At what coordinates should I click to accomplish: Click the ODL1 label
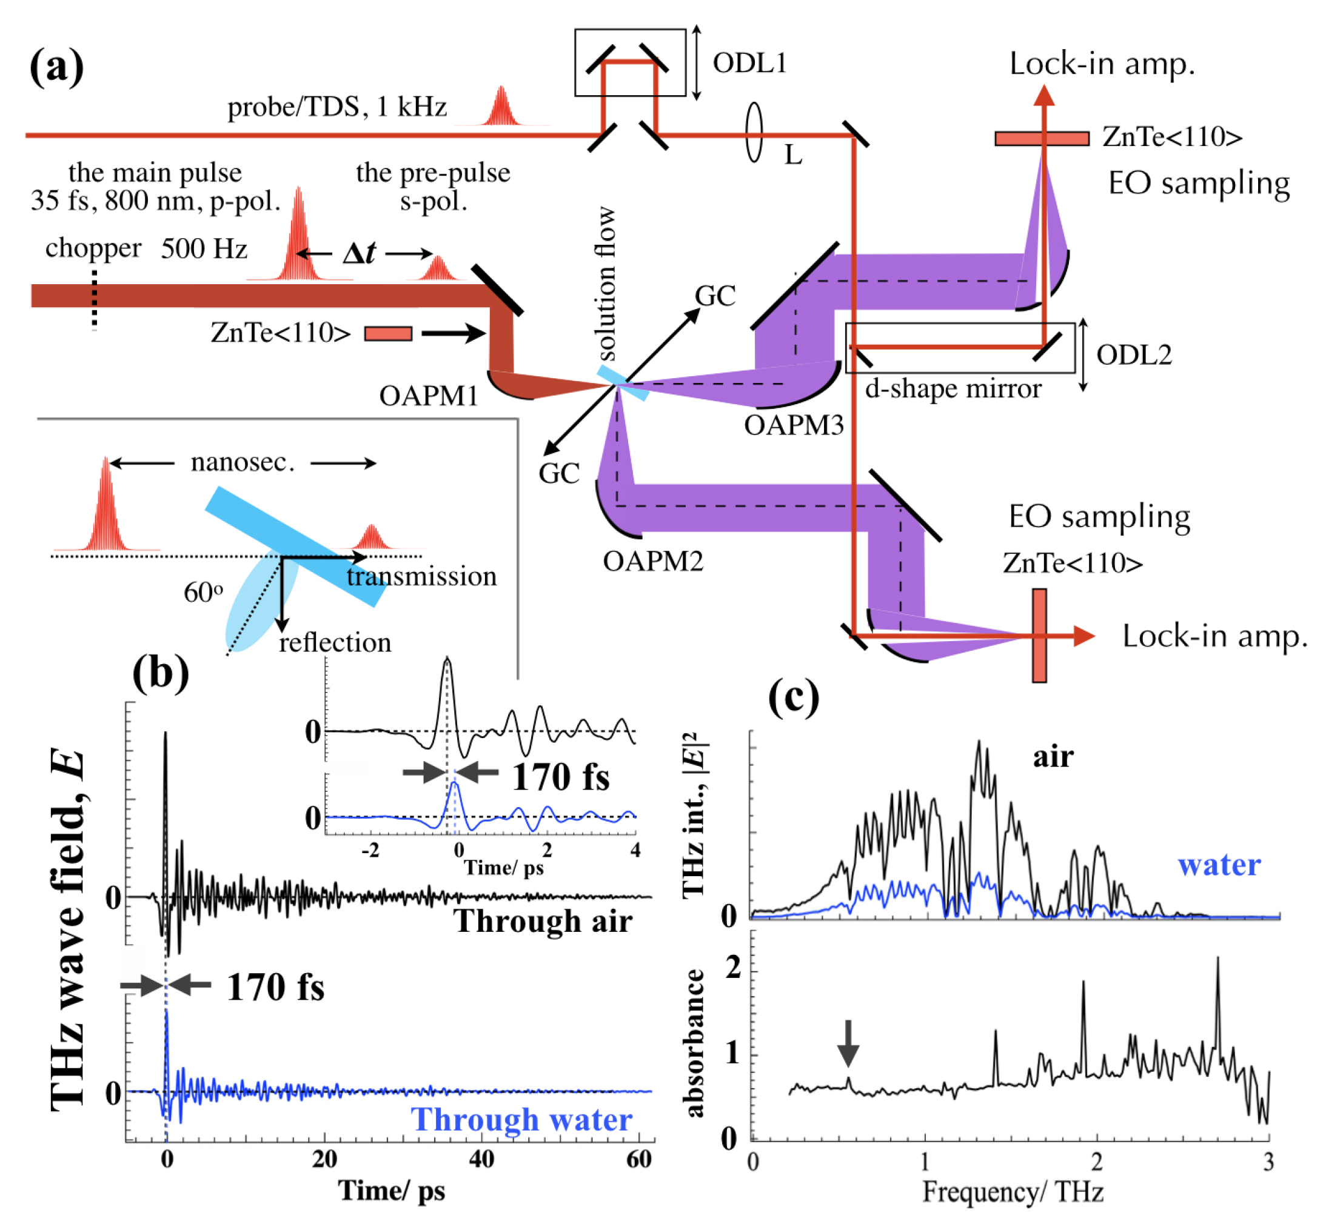click(x=749, y=63)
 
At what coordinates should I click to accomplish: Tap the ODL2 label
click(x=1133, y=354)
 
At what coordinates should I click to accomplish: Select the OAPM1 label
click(x=429, y=396)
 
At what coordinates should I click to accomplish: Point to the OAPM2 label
click(x=652, y=561)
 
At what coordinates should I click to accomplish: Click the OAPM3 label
click(x=793, y=425)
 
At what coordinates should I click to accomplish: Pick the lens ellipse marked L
click(x=754, y=132)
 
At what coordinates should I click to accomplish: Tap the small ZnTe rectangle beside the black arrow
click(x=388, y=333)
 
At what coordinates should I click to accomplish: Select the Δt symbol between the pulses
click(x=360, y=253)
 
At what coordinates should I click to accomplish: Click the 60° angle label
click(x=203, y=592)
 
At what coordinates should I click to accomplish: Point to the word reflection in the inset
click(x=335, y=643)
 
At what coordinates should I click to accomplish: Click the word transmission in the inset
click(x=421, y=576)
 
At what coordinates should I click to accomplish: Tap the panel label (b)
click(x=160, y=673)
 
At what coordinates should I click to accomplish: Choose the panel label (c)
click(x=793, y=697)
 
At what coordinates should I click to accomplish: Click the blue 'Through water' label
click(x=521, y=1119)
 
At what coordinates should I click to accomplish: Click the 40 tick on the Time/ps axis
click(x=481, y=1159)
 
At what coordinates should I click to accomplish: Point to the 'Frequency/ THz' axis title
click(x=1013, y=1191)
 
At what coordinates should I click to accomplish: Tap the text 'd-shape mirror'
click(x=953, y=389)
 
